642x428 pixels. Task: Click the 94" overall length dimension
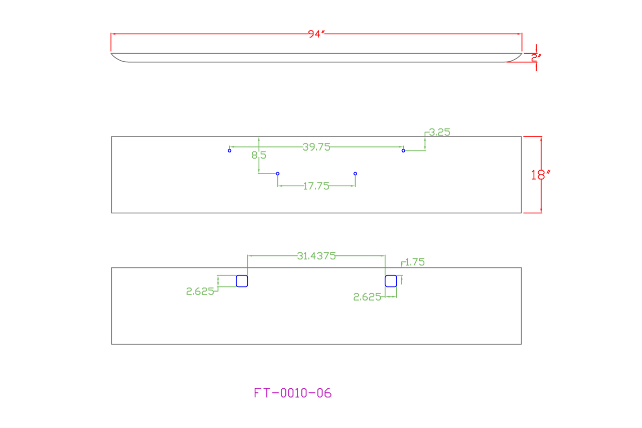click(316, 34)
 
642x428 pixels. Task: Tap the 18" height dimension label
click(541, 175)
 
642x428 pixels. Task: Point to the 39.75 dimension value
click(316, 147)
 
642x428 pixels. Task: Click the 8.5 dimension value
click(259, 156)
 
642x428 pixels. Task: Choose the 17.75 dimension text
click(316, 186)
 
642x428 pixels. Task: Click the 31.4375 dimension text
click(316, 256)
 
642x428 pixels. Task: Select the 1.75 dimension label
click(415, 262)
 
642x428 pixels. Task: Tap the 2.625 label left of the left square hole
click(200, 292)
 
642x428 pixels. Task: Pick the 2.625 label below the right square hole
click(367, 297)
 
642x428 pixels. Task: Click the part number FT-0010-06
click(293, 393)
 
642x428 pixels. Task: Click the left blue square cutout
click(242, 281)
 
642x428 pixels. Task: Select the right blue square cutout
click(391, 281)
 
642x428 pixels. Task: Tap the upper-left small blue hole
click(230, 151)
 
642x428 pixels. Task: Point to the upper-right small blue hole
click(403, 151)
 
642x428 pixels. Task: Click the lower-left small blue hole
click(278, 174)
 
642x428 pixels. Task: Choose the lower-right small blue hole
click(355, 174)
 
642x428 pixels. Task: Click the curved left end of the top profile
click(118, 58)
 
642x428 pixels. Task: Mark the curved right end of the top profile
click(514, 58)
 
